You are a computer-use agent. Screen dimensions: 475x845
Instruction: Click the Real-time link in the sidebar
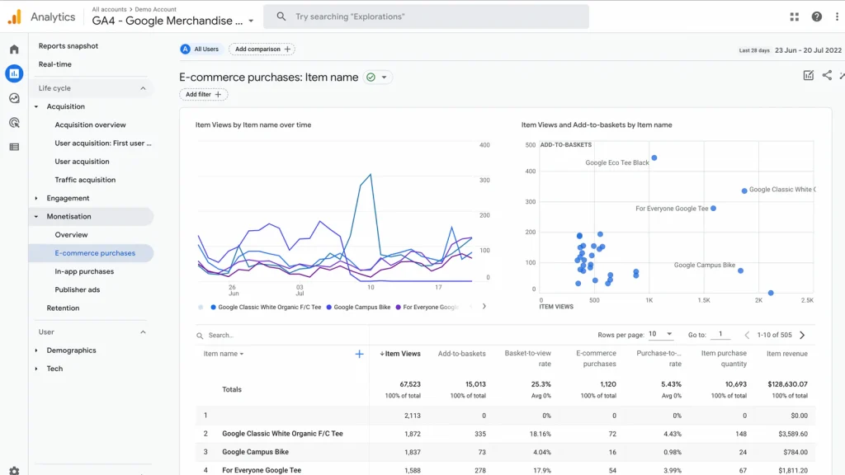tap(55, 64)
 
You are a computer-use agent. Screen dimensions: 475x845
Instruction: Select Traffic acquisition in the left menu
tap(85, 180)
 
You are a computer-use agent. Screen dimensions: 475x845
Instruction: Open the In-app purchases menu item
tap(84, 271)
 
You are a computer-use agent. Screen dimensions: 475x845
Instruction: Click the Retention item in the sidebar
tap(63, 308)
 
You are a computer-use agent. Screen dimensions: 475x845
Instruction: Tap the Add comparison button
tap(262, 49)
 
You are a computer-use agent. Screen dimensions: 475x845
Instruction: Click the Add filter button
tap(203, 95)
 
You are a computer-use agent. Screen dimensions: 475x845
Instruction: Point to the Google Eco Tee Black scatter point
tap(654, 158)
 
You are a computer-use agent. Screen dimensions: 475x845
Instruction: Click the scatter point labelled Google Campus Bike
tap(740, 270)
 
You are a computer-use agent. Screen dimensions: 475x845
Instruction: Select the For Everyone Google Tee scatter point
tap(713, 209)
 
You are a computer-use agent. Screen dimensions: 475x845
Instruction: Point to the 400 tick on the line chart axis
tap(484, 145)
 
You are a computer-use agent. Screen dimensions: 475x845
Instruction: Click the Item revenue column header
tap(786, 354)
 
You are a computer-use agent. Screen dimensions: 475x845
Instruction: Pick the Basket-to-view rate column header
tap(527, 359)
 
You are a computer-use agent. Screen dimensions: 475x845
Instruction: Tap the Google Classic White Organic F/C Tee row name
tap(282, 434)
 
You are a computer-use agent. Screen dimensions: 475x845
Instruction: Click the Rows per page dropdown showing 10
tap(660, 335)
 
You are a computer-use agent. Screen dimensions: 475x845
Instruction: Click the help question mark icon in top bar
tap(816, 16)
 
